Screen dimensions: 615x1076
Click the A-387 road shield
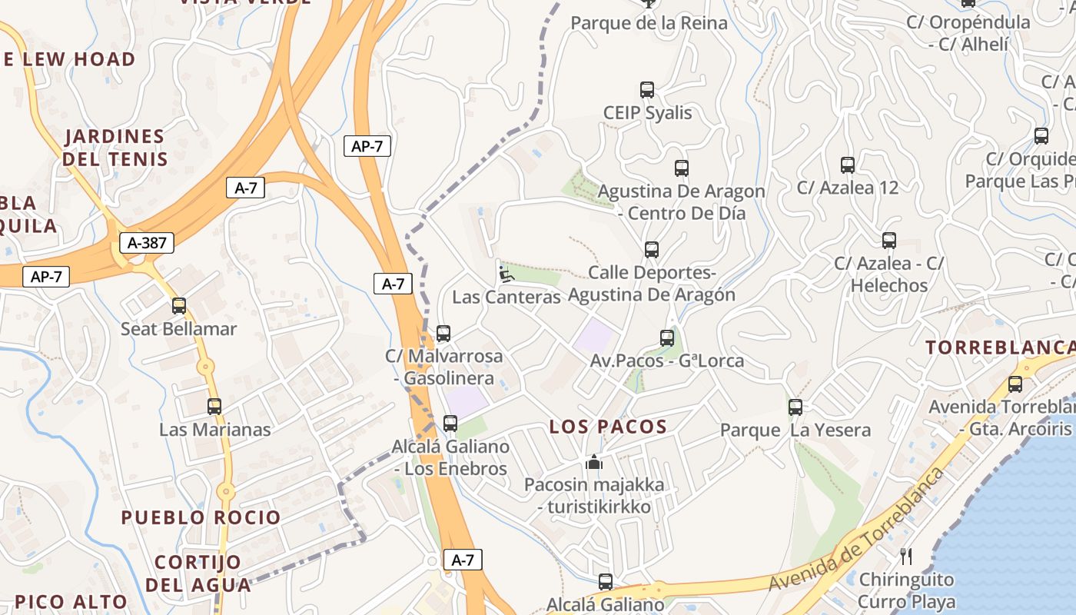coord(147,244)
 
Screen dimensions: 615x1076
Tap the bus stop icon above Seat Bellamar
coord(179,306)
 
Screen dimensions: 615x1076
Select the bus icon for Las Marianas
coord(214,407)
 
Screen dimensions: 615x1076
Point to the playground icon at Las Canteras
coord(505,274)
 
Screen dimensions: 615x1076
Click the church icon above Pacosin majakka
coord(593,463)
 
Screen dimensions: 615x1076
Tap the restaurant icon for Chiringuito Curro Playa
coord(907,556)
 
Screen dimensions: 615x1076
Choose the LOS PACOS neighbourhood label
coord(608,427)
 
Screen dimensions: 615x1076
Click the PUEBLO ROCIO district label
coord(201,517)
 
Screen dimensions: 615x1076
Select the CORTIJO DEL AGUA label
coord(198,573)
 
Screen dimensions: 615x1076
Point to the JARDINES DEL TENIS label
coord(115,148)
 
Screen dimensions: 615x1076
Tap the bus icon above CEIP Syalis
coord(647,90)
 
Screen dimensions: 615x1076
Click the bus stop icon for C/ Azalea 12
coord(848,165)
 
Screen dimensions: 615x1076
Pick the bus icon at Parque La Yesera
coord(795,407)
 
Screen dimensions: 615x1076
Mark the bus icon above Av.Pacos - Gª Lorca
coord(667,337)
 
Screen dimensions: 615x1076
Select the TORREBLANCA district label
coord(999,347)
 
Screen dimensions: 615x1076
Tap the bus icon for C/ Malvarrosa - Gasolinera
coord(443,334)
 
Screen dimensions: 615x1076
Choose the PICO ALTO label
coord(71,602)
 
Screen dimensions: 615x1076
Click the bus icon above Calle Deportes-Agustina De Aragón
coord(652,250)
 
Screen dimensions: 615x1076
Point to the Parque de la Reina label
coord(649,23)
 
